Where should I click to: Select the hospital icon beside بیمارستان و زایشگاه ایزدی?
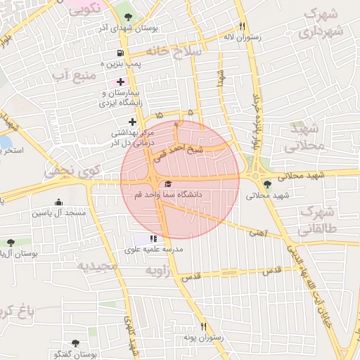pyautogui.click(x=120, y=82)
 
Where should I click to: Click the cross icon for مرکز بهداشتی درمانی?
pyautogui.click(x=131, y=122)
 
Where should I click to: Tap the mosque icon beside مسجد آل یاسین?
pyautogui.click(x=58, y=202)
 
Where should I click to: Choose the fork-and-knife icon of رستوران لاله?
pyautogui.click(x=241, y=26)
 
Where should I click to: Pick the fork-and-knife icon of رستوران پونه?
pyautogui.click(x=205, y=326)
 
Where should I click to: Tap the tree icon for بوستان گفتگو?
pyautogui.click(x=75, y=344)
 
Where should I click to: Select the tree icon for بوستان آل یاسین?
pyautogui.click(x=10, y=243)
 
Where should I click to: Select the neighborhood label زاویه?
pyautogui.click(x=158, y=270)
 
